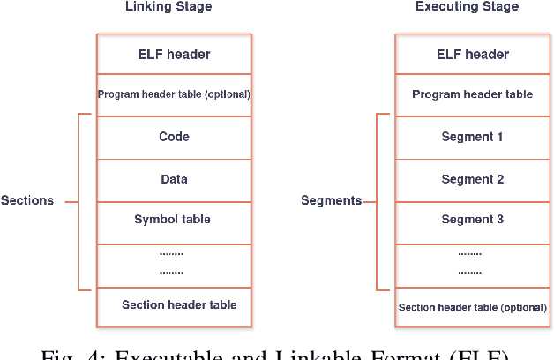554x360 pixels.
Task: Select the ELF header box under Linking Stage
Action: [x=174, y=54]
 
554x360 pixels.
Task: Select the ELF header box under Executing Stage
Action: [x=472, y=54]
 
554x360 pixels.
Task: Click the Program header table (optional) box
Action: [x=174, y=94]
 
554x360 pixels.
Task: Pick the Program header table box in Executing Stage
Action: [x=472, y=94]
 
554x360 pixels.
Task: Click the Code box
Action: [x=174, y=137]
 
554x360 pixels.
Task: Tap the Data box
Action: [x=174, y=179]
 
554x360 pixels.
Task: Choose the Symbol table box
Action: [x=174, y=219]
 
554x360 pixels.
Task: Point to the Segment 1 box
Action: [x=472, y=137]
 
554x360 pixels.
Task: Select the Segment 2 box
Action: [x=472, y=179]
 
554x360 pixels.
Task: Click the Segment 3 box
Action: [x=472, y=219]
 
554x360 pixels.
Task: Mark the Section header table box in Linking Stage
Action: [x=179, y=304]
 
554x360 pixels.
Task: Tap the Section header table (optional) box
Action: [x=472, y=308]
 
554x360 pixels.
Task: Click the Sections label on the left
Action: [x=27, y=200]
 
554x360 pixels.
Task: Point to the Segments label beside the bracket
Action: [x=331, y=200]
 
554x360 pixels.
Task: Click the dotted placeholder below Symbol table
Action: [x=171, y=263]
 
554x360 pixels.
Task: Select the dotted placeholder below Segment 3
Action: [x=469, y=263]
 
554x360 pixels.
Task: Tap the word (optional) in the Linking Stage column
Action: [x=227, y=94]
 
